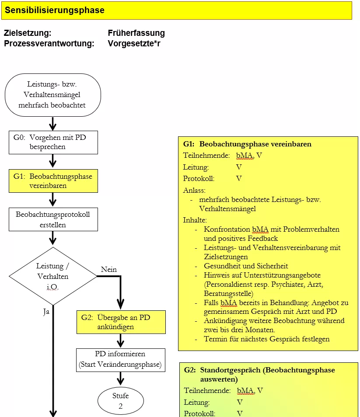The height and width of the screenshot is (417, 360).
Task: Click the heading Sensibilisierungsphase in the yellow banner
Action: [55, 10]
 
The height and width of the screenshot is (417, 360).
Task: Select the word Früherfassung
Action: [136, 33]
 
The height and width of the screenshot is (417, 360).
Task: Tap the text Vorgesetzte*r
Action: [134, 43]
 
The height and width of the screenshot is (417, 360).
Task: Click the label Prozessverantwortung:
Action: [49, 43]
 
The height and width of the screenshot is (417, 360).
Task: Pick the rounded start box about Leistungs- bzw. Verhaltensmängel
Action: [52, 94]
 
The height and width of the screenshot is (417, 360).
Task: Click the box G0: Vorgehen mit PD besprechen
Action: [53, 142]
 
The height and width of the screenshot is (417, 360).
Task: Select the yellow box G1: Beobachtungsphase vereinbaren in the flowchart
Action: [53, 181]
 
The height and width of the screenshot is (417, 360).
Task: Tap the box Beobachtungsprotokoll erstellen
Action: [53, 219]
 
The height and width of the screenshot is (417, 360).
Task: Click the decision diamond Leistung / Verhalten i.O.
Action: [52, 276]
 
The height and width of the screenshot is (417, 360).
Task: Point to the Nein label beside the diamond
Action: [109, 270]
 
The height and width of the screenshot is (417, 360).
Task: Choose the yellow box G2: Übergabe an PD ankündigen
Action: [121, 322]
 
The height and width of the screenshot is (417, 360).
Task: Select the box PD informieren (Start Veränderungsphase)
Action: [121, 359]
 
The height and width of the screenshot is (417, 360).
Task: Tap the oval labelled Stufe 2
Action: [121, 400]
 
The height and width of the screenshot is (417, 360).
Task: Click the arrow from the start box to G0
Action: [53, 123]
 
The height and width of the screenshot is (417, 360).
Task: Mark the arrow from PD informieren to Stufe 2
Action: [121, 379]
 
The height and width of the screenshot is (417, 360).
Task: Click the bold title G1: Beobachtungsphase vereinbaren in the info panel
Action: [247, 144]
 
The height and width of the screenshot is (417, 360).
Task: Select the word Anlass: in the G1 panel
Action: [194, 190]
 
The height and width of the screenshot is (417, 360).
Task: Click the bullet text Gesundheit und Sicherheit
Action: [246, 266]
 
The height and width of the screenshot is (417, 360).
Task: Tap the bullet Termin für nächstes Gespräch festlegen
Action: [266, 339]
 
